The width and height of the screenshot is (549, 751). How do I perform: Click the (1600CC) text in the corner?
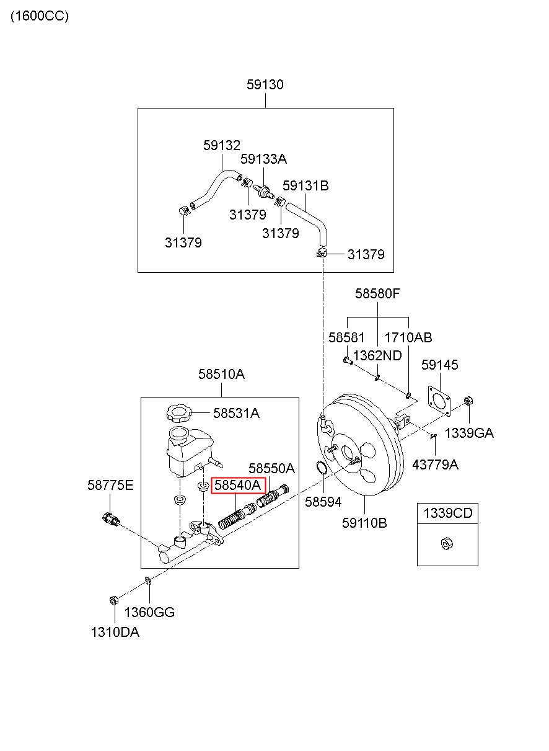point(40,16)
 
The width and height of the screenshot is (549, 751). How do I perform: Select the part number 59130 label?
point(265,84)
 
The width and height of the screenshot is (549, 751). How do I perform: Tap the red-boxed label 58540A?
point(238,485)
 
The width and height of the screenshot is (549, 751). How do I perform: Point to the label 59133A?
point(263,159)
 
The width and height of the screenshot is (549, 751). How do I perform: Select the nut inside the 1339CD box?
point(447,544)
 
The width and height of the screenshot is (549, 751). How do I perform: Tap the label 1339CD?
point(447,513)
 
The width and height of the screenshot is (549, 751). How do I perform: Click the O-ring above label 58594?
point(322,468)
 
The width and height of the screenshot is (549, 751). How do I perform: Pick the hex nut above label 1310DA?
point(113,600)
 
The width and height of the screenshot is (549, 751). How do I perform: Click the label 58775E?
point(110,485)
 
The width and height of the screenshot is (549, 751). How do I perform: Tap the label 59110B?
point(364,523)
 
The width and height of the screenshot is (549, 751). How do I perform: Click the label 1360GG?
point(149,612)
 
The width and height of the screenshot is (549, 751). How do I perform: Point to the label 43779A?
point(435,464)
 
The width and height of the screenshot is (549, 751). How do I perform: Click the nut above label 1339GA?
point(468,401)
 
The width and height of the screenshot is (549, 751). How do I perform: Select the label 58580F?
point(377,294)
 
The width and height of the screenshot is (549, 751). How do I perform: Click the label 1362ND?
point(377,356)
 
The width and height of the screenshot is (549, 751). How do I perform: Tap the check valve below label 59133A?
point(263,192)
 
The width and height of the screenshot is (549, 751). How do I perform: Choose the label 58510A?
point(221,374)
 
